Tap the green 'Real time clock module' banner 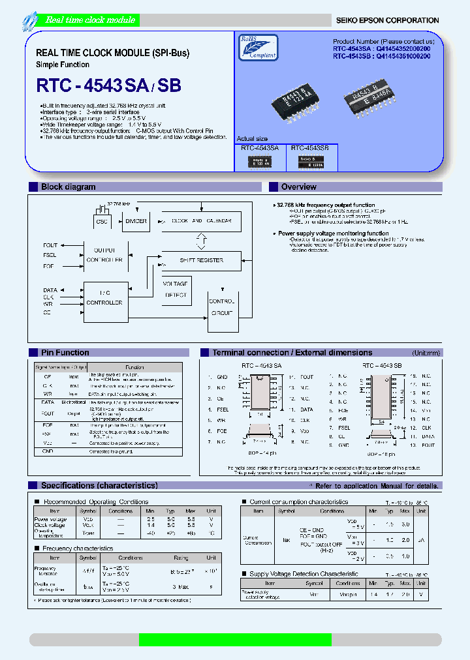click(89, 20)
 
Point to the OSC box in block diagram click(102, 221)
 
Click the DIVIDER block click(136, 221)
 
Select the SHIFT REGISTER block click(201, 260)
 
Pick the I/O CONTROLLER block click(104, 298)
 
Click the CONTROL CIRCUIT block click(221, 307)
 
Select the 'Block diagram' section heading click(69, 187)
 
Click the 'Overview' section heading click(298, 187)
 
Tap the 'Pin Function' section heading click(65, 353)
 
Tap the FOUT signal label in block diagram click(50, 246)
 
